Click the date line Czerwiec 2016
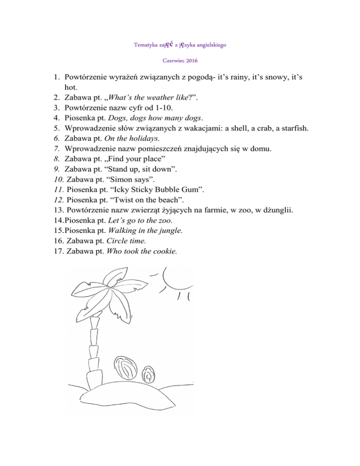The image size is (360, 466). pos(180,61)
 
